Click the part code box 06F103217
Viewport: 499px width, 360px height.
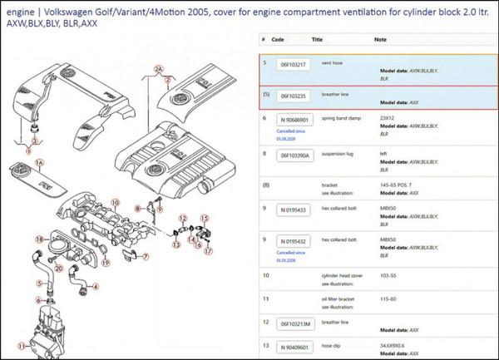coord(294,65)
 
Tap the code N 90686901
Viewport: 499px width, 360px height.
coord(295,120)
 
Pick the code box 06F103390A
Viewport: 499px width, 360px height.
coord(296,155)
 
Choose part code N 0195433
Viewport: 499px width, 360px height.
coord(294,210)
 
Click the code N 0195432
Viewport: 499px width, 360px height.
coord(294,242)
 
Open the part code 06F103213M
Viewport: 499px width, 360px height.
coord(297,323)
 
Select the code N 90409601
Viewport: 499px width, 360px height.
coord(295,347)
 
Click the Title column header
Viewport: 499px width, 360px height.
coord(317,39)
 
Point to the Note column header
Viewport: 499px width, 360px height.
coord(380,39)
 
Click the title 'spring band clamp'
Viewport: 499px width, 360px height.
coord(339,117)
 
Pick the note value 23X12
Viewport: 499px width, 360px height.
coord(388,117)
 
